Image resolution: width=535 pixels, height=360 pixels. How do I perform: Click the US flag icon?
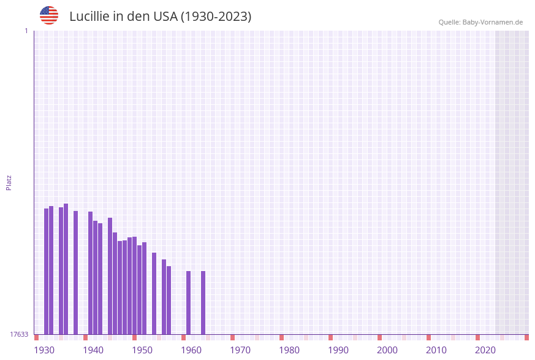(x=49, y=15)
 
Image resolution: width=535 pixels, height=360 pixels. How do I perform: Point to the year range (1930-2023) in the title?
(x=216, y=17)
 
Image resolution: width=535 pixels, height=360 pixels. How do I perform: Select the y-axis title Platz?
(x=9, y=182)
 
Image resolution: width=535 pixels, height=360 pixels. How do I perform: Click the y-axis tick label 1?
(x=26, y=31)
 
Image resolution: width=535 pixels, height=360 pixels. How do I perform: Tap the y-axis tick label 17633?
(x=19, y=334)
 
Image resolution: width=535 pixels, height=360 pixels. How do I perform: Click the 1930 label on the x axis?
(x=44, y=350)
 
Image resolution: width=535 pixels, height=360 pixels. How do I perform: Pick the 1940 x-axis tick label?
(x=93, y=350)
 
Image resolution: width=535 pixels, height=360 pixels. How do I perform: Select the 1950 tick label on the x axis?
(x=142, y=350)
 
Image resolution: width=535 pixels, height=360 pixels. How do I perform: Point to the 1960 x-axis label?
(x=191, y=350)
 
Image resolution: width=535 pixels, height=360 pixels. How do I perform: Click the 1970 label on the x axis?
(x=240, y=350)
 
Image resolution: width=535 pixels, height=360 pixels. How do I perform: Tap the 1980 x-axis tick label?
(x=289, y=350)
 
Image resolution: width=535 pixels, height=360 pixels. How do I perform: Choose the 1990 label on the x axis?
(x=338, y=350)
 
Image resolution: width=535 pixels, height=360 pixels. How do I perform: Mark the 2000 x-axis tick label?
(x=387, y=350)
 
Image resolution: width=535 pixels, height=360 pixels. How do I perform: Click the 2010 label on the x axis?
(x=436, y=350)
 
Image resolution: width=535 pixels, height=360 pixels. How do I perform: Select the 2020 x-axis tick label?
(x=485, y=350)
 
